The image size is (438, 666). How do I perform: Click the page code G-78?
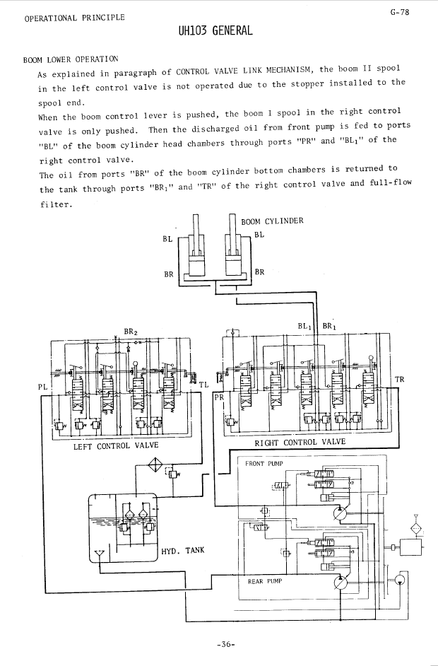(400, 12)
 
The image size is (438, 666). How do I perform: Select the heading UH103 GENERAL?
(215, 30)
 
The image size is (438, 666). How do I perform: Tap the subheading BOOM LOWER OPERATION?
(71, 59)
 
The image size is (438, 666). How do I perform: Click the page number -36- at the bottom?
(226, 644)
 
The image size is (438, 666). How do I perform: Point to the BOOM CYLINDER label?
(272, 221)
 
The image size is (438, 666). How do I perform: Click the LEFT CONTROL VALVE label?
(116, 445)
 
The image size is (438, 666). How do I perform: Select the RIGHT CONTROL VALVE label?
(300, 442)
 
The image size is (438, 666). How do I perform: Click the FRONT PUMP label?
(264, 463)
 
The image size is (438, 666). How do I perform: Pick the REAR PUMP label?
(265, 581)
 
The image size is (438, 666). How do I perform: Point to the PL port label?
(43, 387)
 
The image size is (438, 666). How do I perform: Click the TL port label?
(204, 385)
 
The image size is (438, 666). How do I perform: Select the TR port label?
(399, 379)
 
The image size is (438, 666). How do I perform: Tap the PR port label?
(219, 397)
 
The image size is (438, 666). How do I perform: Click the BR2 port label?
(131, 332)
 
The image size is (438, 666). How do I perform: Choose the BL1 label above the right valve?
(304, 326)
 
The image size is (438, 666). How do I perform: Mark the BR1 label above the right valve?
(329, 326)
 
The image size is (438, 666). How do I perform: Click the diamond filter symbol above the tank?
(155, 465)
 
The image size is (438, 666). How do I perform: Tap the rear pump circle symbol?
(340, 582)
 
